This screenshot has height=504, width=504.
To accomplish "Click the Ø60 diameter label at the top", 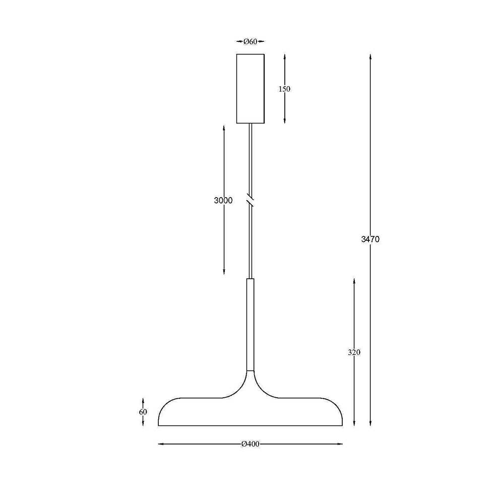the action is tap(250, 41).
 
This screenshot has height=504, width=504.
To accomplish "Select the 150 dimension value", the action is tap(284, 89).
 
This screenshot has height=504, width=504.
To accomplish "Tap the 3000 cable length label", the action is tap(223, 200).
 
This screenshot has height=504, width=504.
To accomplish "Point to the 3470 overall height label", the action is tap(370, 239).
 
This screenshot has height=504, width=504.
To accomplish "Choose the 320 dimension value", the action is tap(354, 352).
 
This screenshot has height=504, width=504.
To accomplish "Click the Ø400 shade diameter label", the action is tap(250, 444).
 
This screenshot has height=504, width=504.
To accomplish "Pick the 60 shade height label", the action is tap(143, 412).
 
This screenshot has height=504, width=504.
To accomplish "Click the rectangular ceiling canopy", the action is tap(250, 89).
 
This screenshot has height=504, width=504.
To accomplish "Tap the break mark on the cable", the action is tap(250, 200).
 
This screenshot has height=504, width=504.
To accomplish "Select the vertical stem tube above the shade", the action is tap(250, 325).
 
